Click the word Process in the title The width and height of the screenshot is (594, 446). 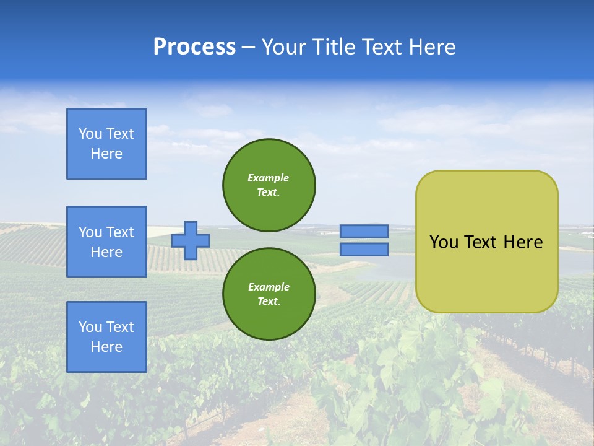tap(194, 47)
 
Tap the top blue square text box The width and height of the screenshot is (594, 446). tap(106, 144)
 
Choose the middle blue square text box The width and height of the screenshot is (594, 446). tap(106, 242)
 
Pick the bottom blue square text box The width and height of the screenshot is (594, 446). tap(106, 337)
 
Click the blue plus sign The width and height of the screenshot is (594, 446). tap(191, 240)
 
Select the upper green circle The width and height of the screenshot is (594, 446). tap(269, 185)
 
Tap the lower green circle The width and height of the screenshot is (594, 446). tap(269, 294)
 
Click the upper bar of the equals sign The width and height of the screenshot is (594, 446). tap(364, 231)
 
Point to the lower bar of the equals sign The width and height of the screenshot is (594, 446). tap(364, 249)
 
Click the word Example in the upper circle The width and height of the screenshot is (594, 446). tap(269, 178)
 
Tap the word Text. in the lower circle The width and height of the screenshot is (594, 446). tap(269, 302)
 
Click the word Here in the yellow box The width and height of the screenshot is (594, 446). tap(523, 242)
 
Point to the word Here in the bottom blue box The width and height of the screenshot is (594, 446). tap(106, 347)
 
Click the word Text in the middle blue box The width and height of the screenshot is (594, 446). tap(119, 232)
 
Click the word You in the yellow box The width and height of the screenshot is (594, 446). tap(443, 242)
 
